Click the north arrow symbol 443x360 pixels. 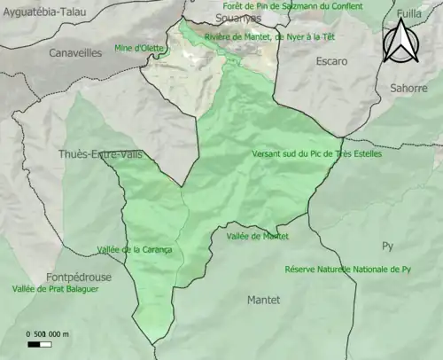[400, 42]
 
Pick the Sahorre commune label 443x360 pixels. [408, 88]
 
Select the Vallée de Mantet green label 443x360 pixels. [258, 236]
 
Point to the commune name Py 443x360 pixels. [387, 246]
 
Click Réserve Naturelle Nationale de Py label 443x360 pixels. [348, 269]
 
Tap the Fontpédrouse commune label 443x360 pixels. [81, 277]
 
